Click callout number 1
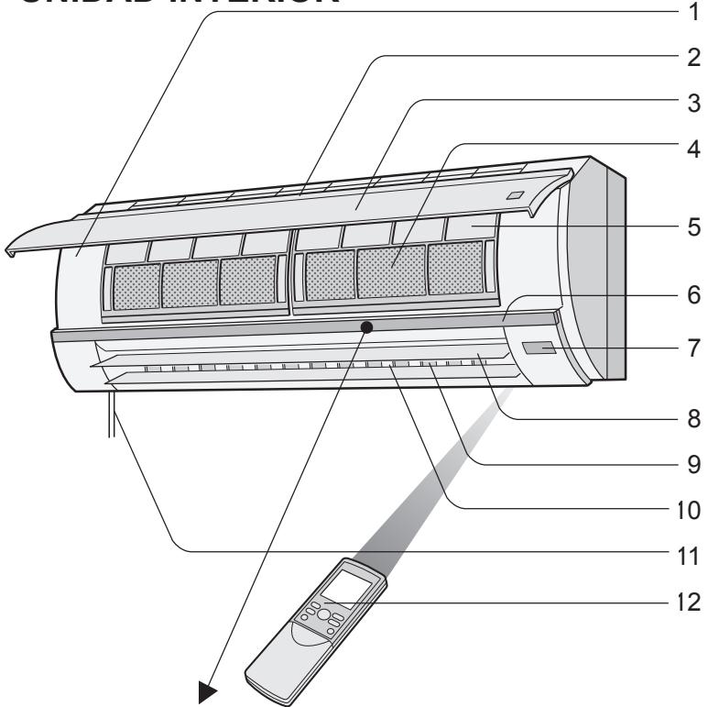tap(684, 13)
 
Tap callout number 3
tap(684, 101)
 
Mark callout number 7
tap(684, 348)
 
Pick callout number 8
tap(684, 417)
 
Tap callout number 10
tap(684, 506)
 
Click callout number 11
tap(684, 554)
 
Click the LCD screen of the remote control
tap(351, 583)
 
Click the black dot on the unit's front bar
tap(366, 326)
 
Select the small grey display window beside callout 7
tap(539, 348)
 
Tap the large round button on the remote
tap(322, 614)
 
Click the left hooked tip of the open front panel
tap(12, 249)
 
